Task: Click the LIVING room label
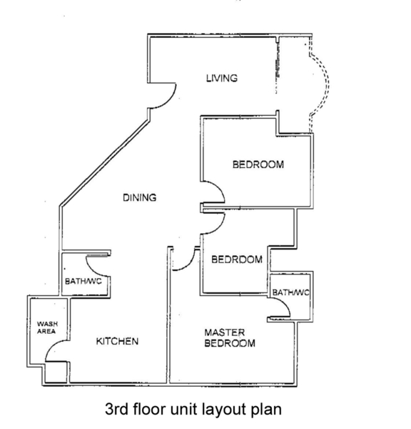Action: tap(222, 78)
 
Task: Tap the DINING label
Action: tap(140, 197)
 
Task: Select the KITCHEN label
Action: tap(117, 341)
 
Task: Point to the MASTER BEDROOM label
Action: tap(230, 338)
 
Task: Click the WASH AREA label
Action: tap(47, 327)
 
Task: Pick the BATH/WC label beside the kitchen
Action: tap(83, 281)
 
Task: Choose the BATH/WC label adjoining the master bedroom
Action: tap(291, 292)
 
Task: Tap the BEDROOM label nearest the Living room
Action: tap(258, 164)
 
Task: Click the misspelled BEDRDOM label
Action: tap(237, 260)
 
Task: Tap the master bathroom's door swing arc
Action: tap(284, 304)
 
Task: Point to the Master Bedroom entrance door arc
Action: tap(189, 265)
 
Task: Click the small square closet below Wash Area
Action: tap(56, 372)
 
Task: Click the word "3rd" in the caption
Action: tap(117, 410)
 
